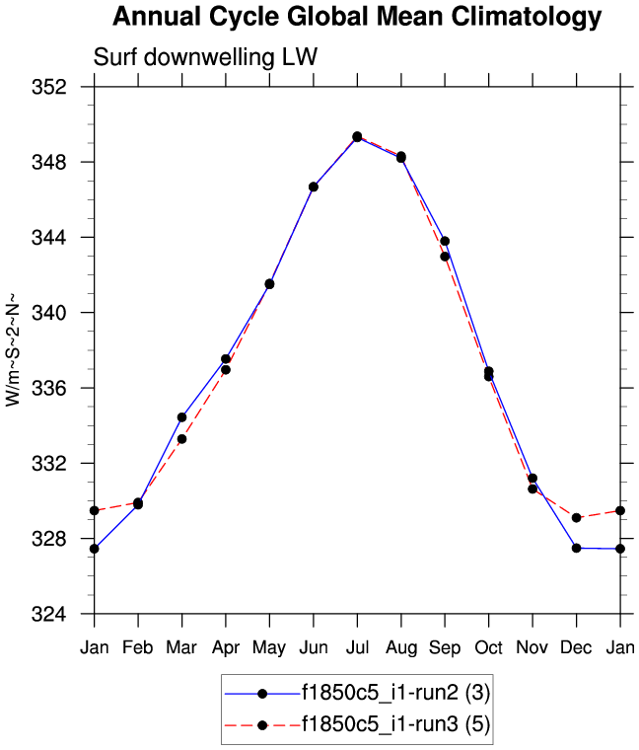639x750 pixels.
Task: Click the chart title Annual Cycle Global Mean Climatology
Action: (356, 17)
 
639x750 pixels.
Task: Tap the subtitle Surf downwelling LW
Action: (205, 57)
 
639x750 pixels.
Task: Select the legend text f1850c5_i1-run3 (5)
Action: (395, 725)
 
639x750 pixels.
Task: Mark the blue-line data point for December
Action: (576, 548)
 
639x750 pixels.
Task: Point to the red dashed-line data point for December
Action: (576, 518)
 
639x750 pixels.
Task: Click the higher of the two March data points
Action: (181, 417)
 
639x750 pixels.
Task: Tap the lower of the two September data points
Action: (445, 257)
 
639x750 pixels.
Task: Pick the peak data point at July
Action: (357, 136)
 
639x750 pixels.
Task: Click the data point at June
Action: (314, 187)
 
